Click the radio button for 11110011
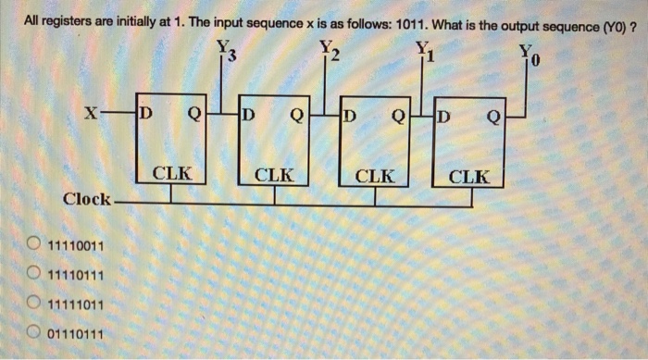[32, 245]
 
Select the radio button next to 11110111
[32, 275]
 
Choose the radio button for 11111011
[32, 304]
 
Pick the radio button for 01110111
[32, 332]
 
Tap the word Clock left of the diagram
[88, 199]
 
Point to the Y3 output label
[227, 52]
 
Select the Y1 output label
[424, 52]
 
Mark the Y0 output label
[527, 52]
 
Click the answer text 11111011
[76, 304]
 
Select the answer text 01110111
[76, 332]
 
